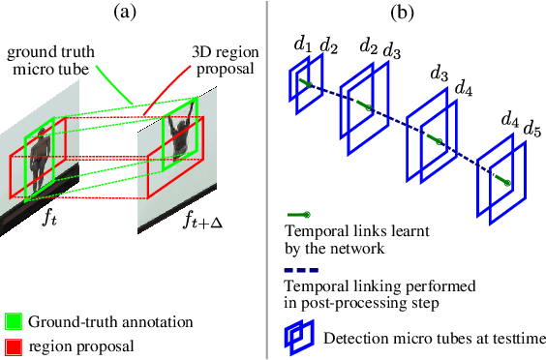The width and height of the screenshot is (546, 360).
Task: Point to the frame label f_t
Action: click(48, 218)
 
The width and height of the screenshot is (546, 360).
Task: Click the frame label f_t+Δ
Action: click(203, 221)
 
